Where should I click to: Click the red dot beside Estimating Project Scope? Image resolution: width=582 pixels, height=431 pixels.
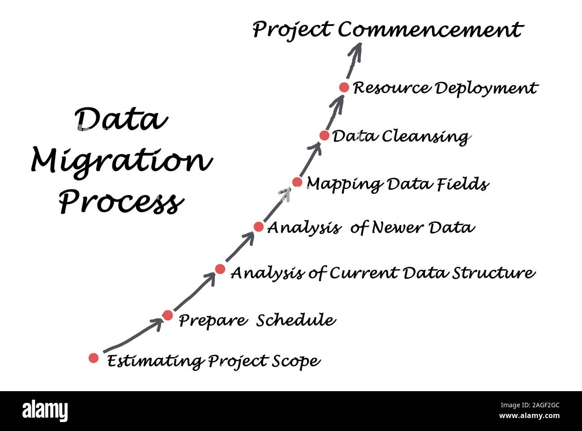tap(93, 358)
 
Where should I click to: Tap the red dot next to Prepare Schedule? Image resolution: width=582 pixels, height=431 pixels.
tap(167, 316)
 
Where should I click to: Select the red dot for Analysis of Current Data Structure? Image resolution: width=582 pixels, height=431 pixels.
tap(220, 269)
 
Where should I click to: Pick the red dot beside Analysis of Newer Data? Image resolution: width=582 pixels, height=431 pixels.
tap(258, 227)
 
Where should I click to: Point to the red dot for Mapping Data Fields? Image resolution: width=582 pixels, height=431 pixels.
tap(297, 182)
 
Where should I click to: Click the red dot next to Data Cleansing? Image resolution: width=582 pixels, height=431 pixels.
tap(325, 135)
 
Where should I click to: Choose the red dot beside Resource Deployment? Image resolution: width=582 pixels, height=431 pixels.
tap(344, 87)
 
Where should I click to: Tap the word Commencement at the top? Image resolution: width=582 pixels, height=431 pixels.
tap(430, 30)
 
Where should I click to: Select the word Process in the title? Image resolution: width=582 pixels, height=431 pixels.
tap(121, 202)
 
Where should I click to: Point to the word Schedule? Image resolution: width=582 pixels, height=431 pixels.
tap(295, 320)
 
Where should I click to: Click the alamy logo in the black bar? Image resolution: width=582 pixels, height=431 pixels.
tap(45, 411)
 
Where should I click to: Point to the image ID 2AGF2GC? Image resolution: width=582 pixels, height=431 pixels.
tap(539, 405)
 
